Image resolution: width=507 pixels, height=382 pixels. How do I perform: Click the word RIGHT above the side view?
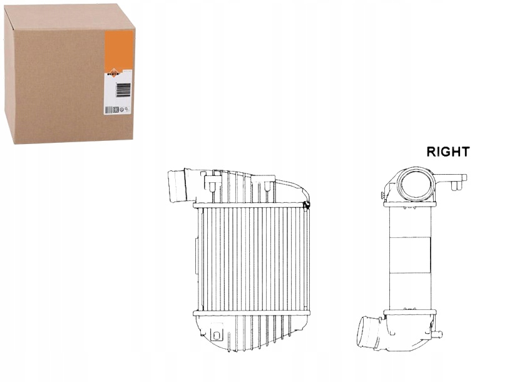[448, 152]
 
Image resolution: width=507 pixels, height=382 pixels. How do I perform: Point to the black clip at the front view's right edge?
[307, 204]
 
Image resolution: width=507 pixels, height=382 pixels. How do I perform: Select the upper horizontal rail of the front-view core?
[250, 205]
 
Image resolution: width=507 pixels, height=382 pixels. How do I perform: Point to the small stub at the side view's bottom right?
[438, 334]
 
